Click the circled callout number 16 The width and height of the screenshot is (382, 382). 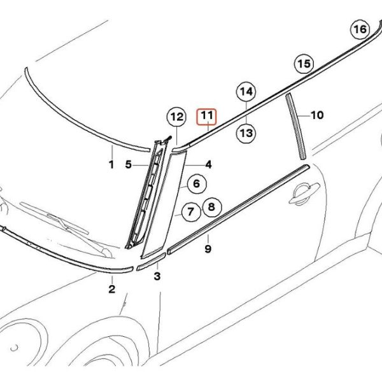pyautogui.click(x=360, y=29)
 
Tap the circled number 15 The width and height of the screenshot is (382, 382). pyautogui.click(x=304, y=64)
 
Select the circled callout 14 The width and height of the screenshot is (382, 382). pyautogui.click(x=246, y=92)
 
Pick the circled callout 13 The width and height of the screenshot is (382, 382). pyautogui.click(x=246, y=133)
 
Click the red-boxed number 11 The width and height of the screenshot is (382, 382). pyautogui.click(x=206, y=117)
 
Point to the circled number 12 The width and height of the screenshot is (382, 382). pyautogui.click(x=177, y=117)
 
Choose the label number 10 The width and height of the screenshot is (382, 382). pyautogui.click(x=317, y=115)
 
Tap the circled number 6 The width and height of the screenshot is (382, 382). pyautogui.click(x=197, y=183)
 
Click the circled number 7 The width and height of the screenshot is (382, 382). pyautogui.click(x=191, y=211)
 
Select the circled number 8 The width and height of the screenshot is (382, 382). pyautogui.click(x=212, y=207)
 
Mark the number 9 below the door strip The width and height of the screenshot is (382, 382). pyautogui.click(x=208, y=249)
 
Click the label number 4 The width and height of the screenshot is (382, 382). pyautogui.click(x=208, y=165)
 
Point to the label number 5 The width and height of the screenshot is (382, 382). pyautogui.click(x=129, y=165)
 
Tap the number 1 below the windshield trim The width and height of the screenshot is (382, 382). pyautogui.click(x=111, y=165)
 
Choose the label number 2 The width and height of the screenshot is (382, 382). pyautogui.click(x=112, y=289)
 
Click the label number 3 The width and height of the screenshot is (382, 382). pyautogui.click(x=157, y=276)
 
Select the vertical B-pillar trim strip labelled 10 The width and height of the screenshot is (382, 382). pyautogui.click(x=295, y=126)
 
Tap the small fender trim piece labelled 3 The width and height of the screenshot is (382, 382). pyautogui.click(x=151, y=262)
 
